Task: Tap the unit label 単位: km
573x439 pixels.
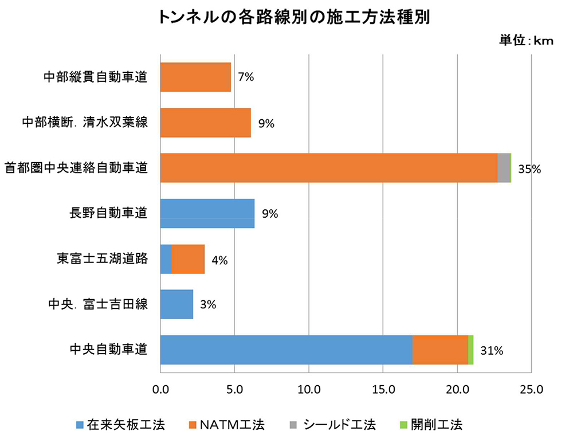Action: point(526,41)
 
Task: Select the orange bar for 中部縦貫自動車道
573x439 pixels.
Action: point(195,77)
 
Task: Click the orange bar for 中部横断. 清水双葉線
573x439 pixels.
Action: point(205,123)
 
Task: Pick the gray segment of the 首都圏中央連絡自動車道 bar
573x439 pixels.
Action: point(504,168)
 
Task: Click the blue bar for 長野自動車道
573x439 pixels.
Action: point(207,214)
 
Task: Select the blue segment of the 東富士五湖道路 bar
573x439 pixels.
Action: point(166,260)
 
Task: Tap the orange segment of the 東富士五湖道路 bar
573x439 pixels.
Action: point(188,260)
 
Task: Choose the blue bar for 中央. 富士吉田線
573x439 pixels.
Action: point(176,304)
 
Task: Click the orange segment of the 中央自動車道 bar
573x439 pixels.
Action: point(440,350)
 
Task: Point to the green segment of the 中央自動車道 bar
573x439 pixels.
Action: point(470,350)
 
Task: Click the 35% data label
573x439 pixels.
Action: point(529,170)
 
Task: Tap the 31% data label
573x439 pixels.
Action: point(491,351)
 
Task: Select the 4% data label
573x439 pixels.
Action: point(219,260)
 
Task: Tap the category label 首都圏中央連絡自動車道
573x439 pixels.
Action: point(76,168)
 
